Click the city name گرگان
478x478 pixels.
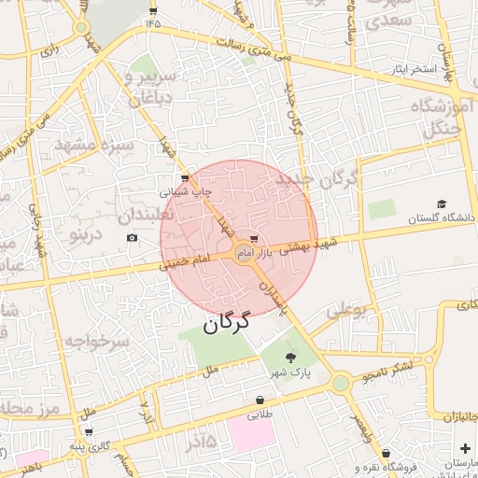pos(227,323)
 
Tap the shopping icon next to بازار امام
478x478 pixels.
pos(254,239)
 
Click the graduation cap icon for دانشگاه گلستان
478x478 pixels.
pos(442,204)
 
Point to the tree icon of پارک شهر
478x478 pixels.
pos(290,358)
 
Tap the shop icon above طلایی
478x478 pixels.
pos(260,401)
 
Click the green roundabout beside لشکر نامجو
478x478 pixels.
pos(341,382)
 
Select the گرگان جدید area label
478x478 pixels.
pos(316,179)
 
